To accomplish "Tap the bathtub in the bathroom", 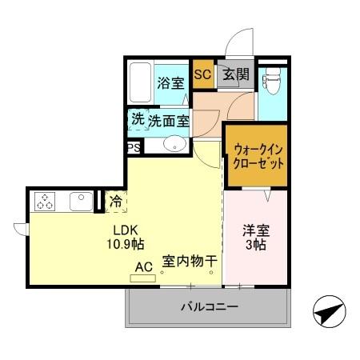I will [x=141, y=82].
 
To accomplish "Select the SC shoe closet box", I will [x=202, y=74].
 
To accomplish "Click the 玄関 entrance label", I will [x=236, y=75].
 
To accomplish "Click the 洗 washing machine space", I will [x=138, y=120].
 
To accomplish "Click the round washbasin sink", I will [x=174, y=145].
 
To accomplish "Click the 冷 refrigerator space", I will [x=116, y=202].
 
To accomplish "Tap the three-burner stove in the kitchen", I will [x=45, y=203].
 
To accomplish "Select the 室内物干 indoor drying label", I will [x=190, y=261].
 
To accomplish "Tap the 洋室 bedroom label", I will [x=257, y=230].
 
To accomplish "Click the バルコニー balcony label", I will [x=208, y=306].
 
